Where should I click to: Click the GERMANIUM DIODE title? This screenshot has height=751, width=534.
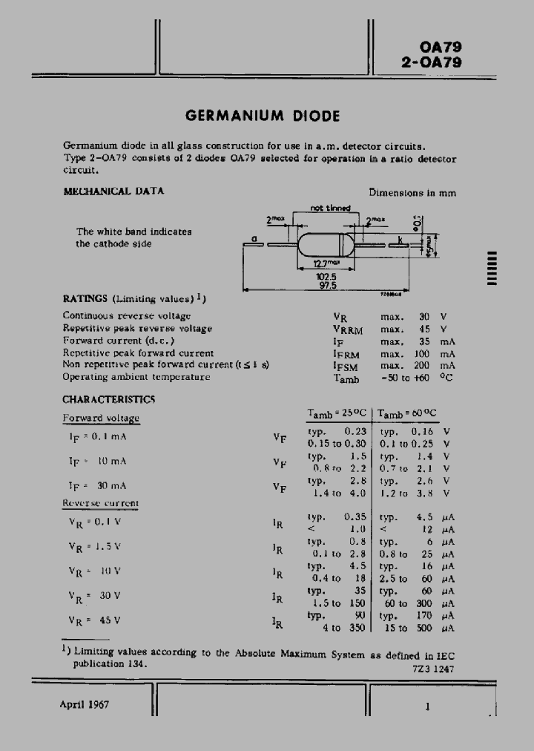point(263,116)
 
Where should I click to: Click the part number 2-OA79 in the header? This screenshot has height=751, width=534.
point(431,63)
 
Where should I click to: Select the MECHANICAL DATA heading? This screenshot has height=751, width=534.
point(113,191)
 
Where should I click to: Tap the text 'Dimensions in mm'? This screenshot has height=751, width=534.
point(412,192)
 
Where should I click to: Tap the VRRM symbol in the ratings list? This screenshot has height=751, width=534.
point(346,329)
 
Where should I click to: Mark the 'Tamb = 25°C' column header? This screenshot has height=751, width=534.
point(337,413)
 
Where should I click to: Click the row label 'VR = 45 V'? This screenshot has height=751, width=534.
point(94,620)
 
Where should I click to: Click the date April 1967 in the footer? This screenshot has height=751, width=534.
point(84,704)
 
